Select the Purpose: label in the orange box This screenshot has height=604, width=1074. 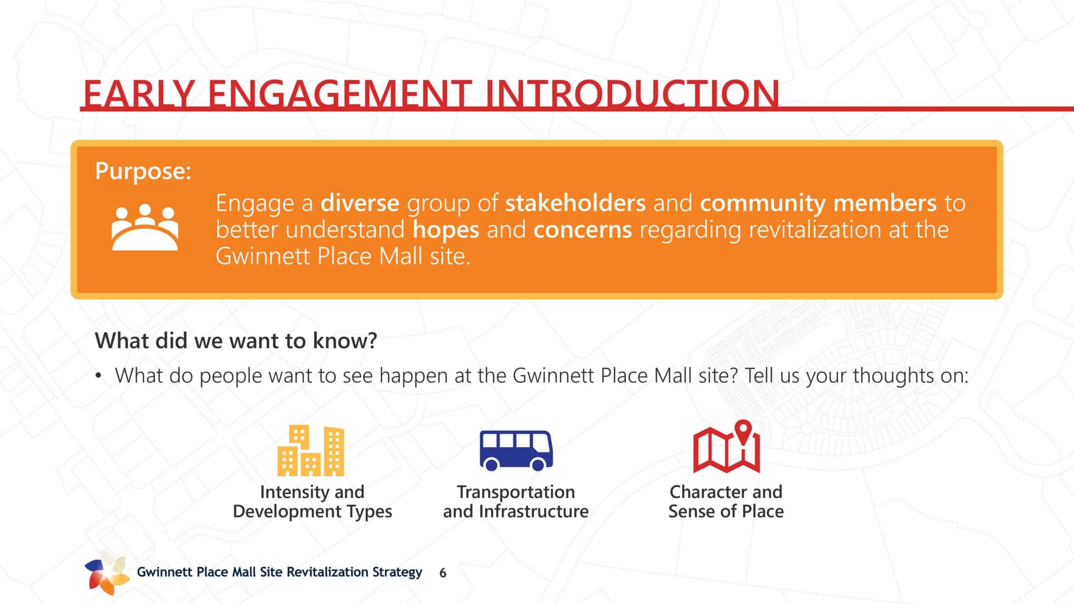[x=143, y=171]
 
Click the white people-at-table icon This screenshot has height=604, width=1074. [x=145, y=227]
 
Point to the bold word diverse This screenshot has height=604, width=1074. [x=360, y=203]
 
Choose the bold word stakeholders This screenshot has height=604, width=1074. [x=575, y=203]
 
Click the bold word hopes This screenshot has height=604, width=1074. [x=446, y=230]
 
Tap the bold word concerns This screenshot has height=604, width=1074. [x=582, y=230]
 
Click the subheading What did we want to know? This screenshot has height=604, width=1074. [x=236, y=340]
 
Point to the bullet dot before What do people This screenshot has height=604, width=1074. [x=98, y=376]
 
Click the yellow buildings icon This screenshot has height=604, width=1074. [x=310, y=450]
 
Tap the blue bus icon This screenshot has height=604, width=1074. [x=516, y=450]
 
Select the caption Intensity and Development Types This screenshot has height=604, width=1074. [x=312, y=502]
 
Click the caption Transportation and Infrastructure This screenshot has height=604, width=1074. [x=516, y=502]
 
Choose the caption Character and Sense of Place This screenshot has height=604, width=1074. [x=726, y=502]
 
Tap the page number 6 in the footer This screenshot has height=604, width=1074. [x=443, y=573]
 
